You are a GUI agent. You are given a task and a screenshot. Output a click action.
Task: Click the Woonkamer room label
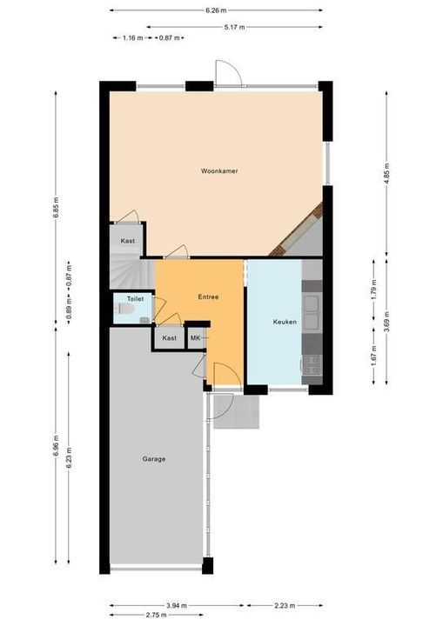219,171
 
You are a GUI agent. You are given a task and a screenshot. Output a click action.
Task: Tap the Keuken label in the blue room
285,322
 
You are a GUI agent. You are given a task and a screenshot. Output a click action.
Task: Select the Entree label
208,297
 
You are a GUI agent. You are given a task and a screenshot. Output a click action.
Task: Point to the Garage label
154,459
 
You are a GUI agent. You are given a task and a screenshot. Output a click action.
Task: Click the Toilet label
135,298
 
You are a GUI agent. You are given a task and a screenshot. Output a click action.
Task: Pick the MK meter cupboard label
195,338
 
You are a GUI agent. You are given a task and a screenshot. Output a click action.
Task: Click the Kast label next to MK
169,338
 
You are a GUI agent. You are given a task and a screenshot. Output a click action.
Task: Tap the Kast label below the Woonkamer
128,241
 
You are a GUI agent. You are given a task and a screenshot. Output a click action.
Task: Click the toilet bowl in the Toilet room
124,309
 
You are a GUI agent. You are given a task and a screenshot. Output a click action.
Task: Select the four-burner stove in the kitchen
312,365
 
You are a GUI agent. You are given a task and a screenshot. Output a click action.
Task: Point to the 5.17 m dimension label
234,27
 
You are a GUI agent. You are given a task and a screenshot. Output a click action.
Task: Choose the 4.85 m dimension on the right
386,173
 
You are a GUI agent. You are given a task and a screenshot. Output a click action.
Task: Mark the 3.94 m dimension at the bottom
177,606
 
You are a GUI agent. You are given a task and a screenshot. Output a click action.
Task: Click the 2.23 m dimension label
285,606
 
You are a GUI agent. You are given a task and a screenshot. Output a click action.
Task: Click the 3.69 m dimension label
386,322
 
